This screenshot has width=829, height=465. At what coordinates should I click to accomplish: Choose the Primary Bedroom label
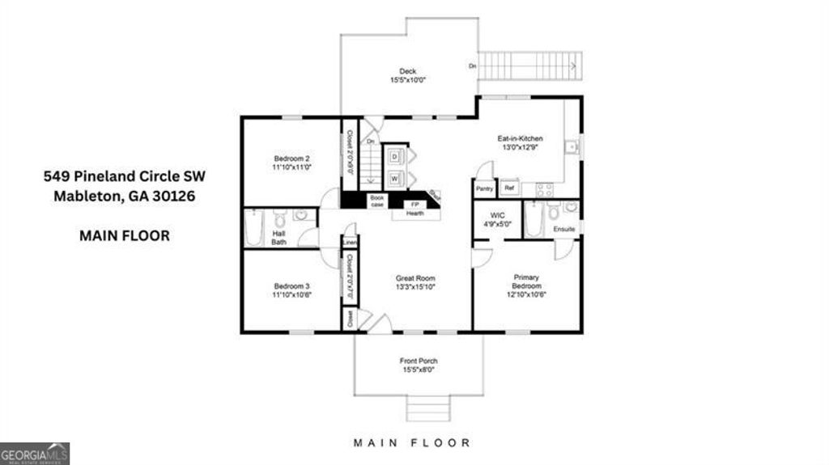[526, 282]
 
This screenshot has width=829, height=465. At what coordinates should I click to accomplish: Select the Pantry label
[484, 188]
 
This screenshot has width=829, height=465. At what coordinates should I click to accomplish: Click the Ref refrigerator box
[509, 188]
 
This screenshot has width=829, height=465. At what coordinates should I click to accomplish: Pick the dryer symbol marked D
[395, 155]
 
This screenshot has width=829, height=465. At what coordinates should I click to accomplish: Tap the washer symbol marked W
[395, 178]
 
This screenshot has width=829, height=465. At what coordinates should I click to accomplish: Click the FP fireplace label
[414, 205]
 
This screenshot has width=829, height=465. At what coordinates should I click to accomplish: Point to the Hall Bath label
[278, 237]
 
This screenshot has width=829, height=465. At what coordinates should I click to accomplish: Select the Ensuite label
[564, 230]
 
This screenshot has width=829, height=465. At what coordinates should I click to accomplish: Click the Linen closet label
[350, 242]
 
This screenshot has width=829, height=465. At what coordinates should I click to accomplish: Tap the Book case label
[376, 200]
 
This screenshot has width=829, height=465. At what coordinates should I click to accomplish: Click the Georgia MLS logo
[35, 453]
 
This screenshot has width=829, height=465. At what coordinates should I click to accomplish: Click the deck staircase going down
[530, 65]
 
